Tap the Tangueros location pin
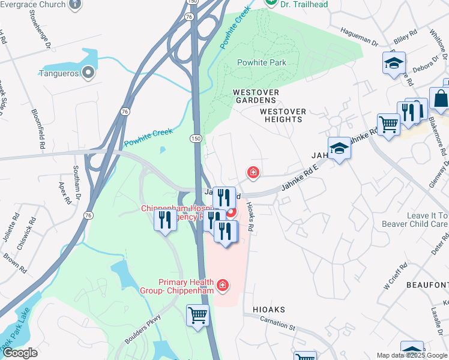[88, 73]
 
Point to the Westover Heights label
[283, 115]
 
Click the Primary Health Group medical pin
[223, 284]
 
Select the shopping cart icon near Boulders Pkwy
[197, 314]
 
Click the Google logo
[20, 353]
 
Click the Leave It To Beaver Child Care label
[415, 220]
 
